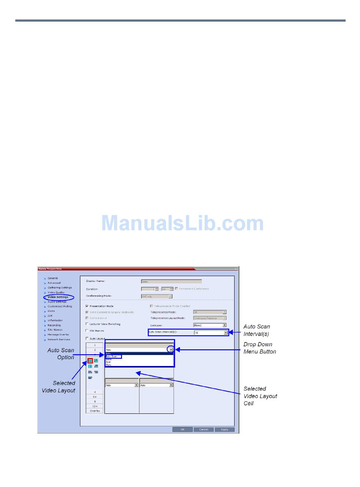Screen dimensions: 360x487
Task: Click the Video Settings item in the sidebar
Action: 58,297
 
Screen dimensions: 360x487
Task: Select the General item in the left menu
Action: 53,278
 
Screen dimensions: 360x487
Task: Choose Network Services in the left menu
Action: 59,339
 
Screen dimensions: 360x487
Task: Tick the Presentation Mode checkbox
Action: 87,306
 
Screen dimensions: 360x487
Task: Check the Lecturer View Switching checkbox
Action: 87,324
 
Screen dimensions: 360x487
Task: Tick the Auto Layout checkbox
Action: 87,338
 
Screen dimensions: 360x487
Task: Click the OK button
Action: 182,429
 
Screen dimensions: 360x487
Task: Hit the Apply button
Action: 224,429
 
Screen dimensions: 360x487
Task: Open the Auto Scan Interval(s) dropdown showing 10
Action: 225,333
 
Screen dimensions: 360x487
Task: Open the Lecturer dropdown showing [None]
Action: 224,325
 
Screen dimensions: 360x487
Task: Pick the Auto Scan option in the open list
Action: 113,357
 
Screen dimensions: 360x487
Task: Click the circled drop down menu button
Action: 171,350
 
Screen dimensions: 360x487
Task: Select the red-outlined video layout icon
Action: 90,360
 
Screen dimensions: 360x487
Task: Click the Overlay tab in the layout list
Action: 95,411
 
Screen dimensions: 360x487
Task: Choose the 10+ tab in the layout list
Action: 95,406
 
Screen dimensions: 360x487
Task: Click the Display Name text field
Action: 171,281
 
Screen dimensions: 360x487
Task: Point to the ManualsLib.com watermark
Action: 182,223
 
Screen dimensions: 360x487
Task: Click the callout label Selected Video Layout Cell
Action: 260,396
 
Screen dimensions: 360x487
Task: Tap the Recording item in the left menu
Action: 54,325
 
